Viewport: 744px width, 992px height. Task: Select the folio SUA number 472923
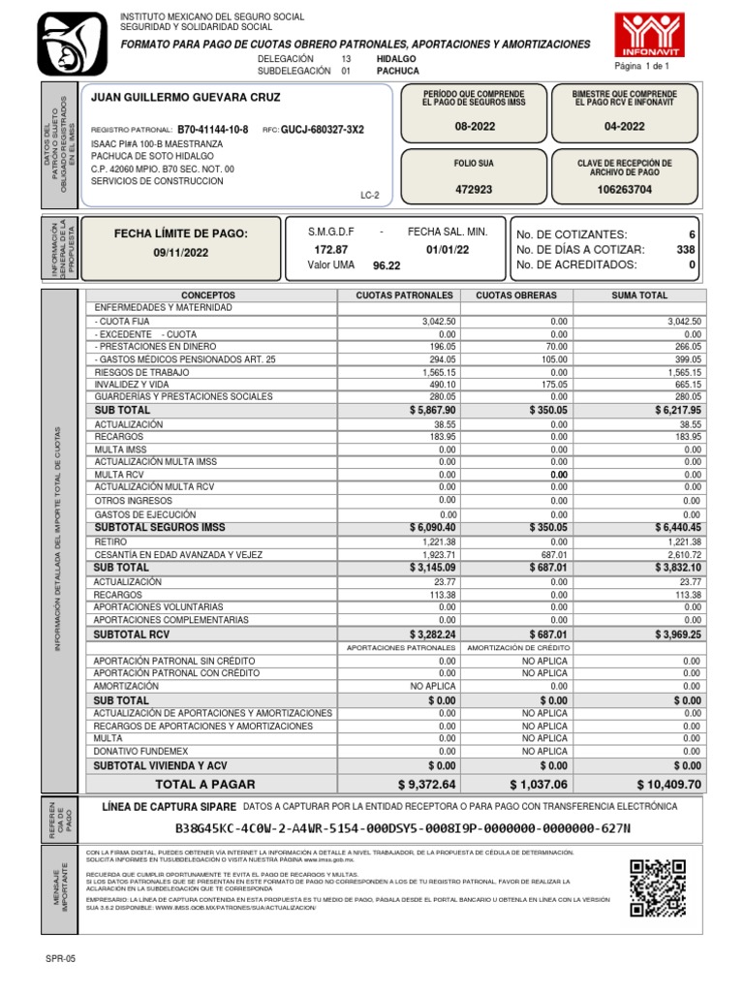tap(474, 190)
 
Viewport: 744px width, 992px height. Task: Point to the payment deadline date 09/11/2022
tap(181, 253)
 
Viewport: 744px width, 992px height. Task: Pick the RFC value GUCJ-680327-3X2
tap(323, 129)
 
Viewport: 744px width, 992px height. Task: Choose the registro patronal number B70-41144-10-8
tap(213, 129)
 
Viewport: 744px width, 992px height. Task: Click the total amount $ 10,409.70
tap(668, 784)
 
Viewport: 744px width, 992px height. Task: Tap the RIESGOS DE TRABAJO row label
tap(141, 372)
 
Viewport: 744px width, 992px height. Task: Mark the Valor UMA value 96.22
tap(387, 265)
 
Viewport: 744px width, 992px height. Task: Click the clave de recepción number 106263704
tap(625, 190)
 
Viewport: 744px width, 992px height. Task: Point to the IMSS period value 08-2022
tap(474, 126)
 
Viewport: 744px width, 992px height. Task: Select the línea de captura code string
tap(402, 828)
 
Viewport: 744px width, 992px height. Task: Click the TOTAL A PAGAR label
tap(205, 784)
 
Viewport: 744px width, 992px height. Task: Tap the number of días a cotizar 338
tap(685, 250)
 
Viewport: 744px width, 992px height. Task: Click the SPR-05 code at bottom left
tap(60, 958)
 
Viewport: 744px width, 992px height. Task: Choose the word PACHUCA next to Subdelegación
tap(397, 71)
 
